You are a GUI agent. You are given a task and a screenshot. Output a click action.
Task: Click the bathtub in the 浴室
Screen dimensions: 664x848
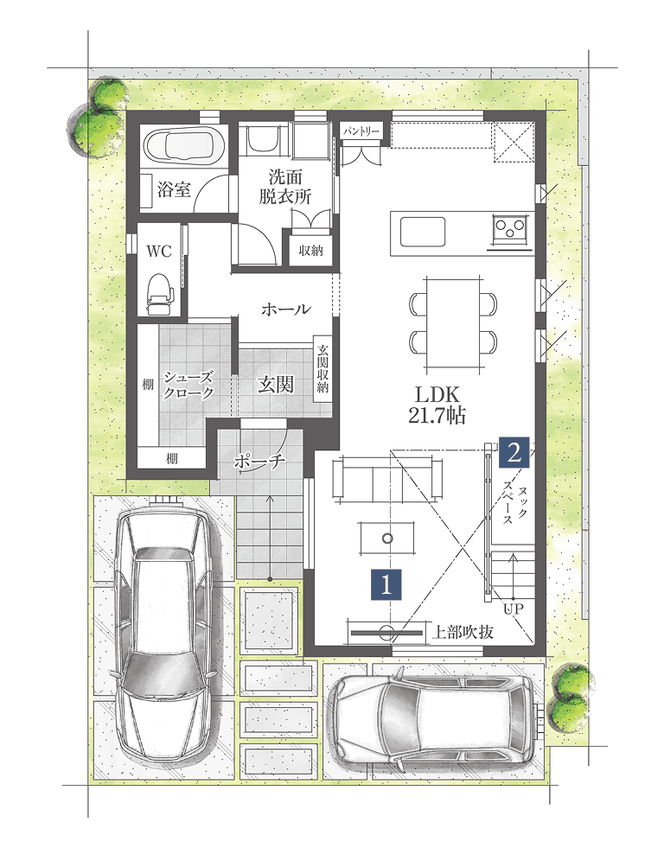pos(184,145)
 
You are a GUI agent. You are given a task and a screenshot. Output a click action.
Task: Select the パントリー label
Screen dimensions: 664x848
pos(361,131)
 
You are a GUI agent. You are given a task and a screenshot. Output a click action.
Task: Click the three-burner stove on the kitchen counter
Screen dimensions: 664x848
pos(509,226)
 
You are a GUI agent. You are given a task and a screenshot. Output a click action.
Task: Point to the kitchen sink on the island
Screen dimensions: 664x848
pos(423,232)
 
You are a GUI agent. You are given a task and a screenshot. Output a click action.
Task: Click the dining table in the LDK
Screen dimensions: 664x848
pos(453,324)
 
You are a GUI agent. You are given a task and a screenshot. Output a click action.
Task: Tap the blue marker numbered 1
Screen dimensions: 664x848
pos(386,584)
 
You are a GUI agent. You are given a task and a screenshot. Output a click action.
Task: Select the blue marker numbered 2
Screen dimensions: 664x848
pos(514,451)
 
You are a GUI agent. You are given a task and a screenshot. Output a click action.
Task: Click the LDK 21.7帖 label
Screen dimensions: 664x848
pos(437,405)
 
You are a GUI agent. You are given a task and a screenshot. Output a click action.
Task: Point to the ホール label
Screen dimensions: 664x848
pos(286,309)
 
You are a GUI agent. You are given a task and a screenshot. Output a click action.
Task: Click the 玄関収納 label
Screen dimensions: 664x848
pos(322,368)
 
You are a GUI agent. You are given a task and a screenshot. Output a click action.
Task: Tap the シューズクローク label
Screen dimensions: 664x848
pos(188,385)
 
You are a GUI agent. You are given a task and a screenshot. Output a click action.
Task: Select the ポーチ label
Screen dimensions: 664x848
pos(259,461)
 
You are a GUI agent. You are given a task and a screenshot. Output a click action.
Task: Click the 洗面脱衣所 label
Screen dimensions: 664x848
pos(285,187)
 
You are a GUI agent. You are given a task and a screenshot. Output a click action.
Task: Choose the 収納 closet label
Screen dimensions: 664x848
pos(310,251)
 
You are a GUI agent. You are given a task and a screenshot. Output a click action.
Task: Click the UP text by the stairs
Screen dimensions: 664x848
pos(514,609)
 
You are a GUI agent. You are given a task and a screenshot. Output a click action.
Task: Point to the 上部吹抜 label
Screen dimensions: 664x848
pos(463,632)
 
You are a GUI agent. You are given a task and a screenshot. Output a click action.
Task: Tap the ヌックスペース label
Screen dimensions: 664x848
pos(514,504)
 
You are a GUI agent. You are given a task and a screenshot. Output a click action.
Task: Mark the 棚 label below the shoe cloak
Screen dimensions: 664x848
pos(171,459)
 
